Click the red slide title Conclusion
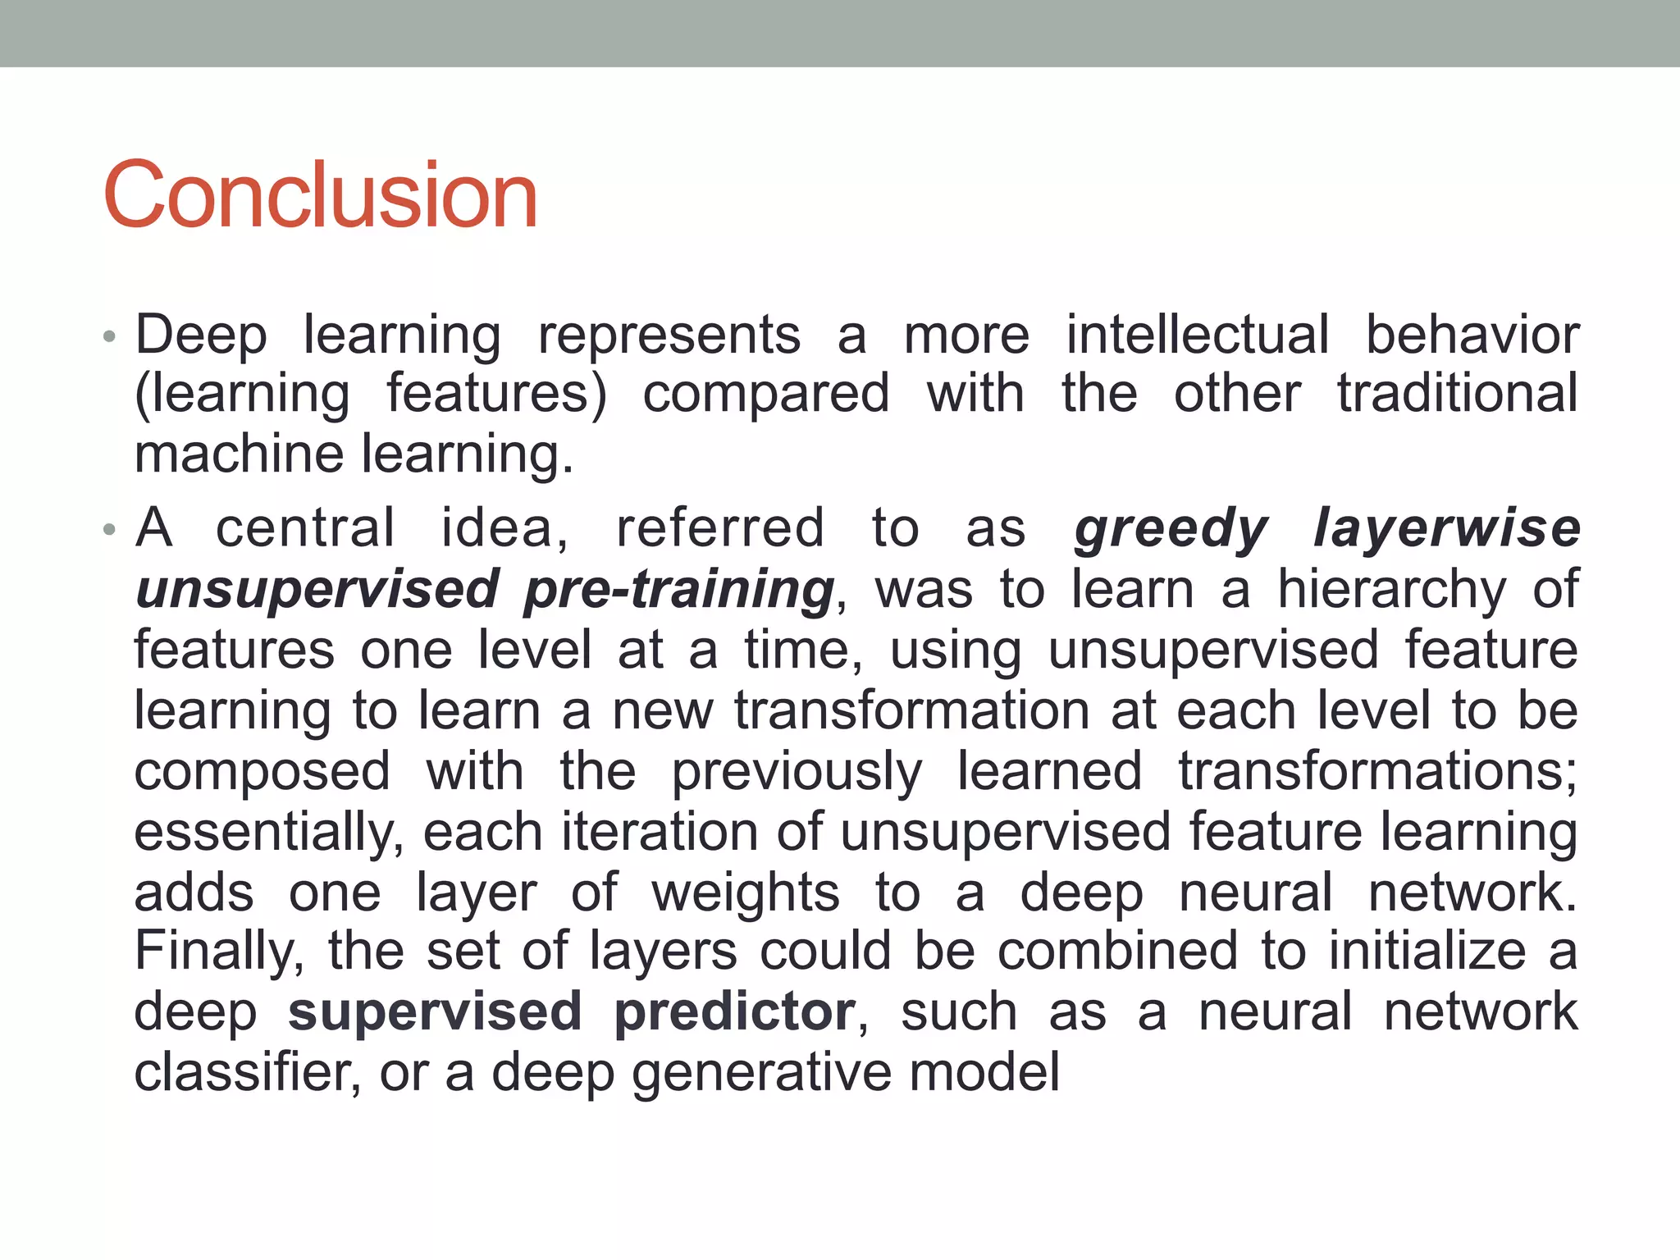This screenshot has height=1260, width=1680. pos(320,195)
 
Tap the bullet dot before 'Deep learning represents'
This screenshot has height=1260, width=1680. pos(109,338)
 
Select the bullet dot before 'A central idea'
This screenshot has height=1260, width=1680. pos(109,531)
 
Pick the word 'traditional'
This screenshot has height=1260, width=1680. pos(1457,394)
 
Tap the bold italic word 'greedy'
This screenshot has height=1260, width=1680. pos(1171,529)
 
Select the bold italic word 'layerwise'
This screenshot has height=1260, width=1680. pos(1446,529)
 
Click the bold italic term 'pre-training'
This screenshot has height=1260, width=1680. pos(679,590)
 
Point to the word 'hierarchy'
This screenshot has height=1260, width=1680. pos(1391,590)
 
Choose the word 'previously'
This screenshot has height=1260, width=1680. pos(796,773)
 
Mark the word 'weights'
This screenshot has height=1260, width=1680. pos(745,892)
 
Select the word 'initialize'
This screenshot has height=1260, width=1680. pos(1427,952)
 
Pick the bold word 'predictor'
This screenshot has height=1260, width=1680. pos(734,1012)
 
